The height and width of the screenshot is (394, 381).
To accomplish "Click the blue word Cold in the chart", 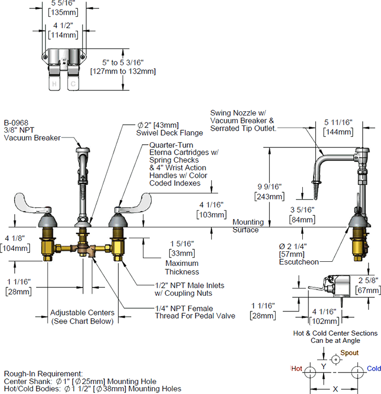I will click(373, 368).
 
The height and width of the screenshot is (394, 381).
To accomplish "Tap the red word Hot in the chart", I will click(297, 368).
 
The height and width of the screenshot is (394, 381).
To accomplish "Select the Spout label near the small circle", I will click(350, 353).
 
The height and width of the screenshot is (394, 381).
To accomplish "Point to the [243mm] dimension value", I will click(269, 196).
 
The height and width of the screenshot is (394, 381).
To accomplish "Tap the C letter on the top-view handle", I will click(74, 84).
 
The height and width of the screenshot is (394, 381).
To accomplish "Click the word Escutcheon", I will click(299, 261).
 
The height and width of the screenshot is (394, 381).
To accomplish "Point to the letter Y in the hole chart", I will click(324, 366).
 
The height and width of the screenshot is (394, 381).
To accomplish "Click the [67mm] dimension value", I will click(368, 289).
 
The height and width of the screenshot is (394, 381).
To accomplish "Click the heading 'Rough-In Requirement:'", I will click(43, 374).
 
